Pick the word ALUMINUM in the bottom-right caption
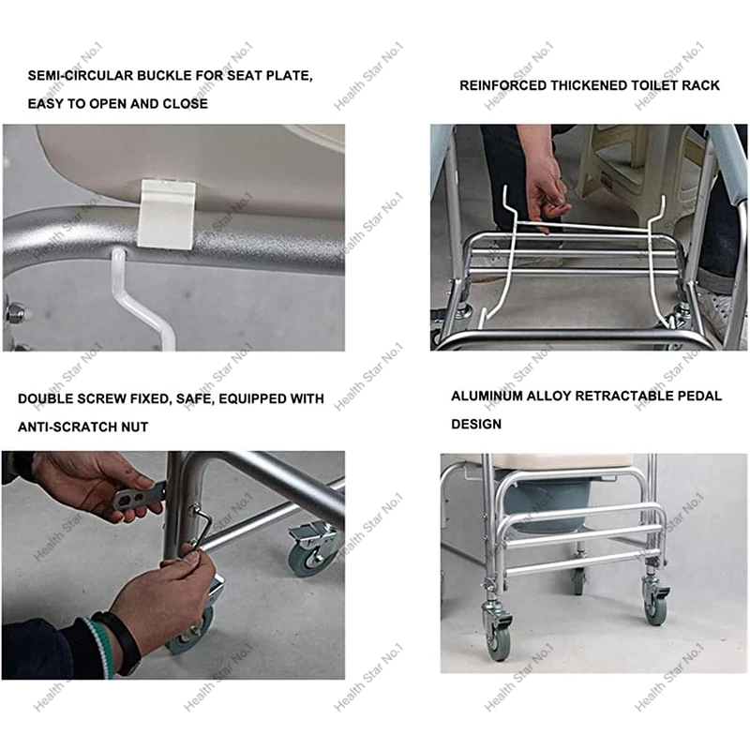pos(487,396)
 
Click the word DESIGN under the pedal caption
pos(476,425)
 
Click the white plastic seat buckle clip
pos(166,215)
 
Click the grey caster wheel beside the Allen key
pos(313,554)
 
